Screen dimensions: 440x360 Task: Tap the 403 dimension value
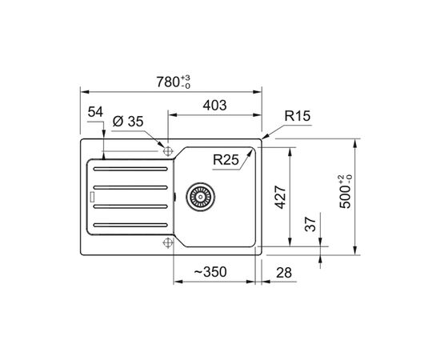tap(214, 106)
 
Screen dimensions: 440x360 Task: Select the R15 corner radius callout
tap(298, 116)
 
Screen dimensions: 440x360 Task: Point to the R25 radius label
tap(226, 160)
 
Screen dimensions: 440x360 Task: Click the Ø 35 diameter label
tap(128, 122)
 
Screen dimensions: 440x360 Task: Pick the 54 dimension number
tap(95, 112)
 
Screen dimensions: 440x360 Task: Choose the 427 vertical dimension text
tap(281, 197)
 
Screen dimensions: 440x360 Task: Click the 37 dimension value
tap(310, 224)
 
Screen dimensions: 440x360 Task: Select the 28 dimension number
tap(284, 273)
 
